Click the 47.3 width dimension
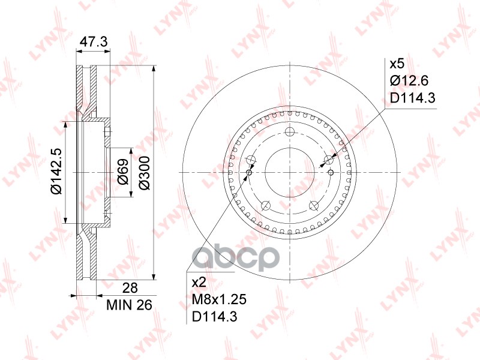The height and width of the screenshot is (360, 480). coord(94,41)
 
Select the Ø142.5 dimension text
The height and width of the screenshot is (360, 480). coord(56,171)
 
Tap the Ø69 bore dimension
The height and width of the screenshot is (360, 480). coord(123,172)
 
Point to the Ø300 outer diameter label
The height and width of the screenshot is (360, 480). coord(144,173)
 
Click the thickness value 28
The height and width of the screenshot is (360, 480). coord(130,288)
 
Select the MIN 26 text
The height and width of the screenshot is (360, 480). coord(129,305)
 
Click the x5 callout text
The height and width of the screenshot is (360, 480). coord(397,64)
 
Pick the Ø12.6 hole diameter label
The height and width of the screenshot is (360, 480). coord(409,81)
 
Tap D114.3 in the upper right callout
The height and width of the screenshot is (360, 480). coord(412,98)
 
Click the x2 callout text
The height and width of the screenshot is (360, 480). coord(199,283)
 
